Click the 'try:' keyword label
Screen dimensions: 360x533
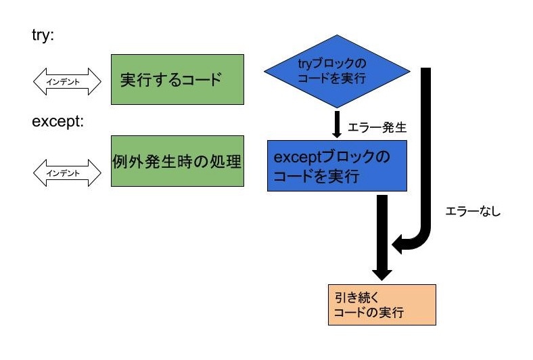[x=43, y=35]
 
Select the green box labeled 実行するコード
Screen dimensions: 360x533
[x=177, y=79]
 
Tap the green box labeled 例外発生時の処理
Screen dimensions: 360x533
[x=177, y=162]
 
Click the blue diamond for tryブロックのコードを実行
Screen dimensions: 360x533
[x=336, y=71]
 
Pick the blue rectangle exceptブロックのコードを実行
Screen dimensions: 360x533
[x=336, y=166]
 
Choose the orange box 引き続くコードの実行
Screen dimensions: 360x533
[x=377, y=305]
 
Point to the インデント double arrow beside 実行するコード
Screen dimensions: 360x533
[x=66, y=82]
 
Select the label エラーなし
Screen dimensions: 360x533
[x=473, y=212]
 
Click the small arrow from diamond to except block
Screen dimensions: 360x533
[x=336, y=124]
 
